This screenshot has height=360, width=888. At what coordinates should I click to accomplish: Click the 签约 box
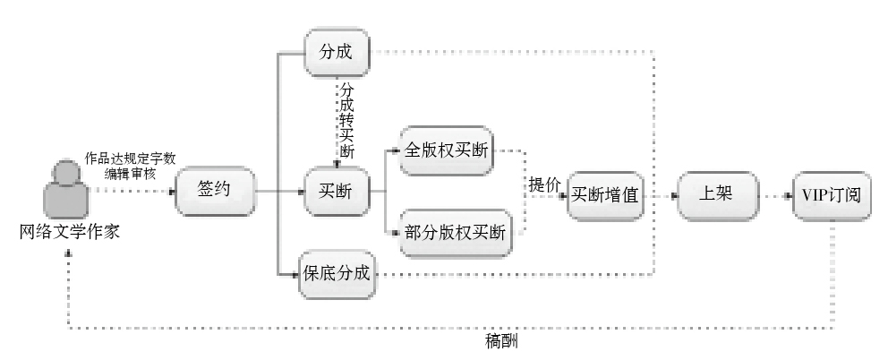pyautogui.click(x=215, y=192)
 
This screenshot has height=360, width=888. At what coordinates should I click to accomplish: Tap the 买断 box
pyautogui.click(x=337, y=192)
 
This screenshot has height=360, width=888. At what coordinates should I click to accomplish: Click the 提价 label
pyautogui.click(x=544, y=184)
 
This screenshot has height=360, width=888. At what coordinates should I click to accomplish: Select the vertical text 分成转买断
pyautogui.click(x=346, y=120)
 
